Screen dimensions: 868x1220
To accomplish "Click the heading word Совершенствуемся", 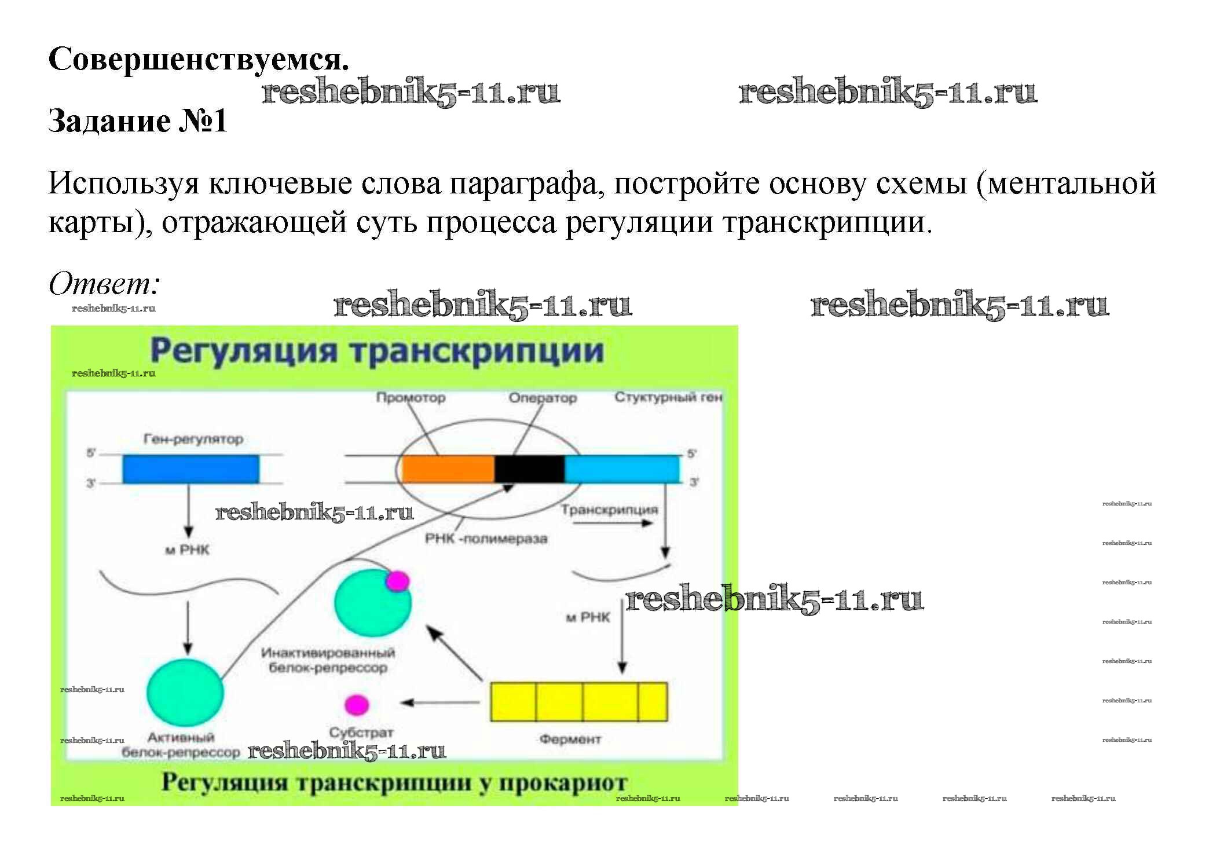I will point(199,59).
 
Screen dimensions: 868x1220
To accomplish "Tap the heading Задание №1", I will point(137,121).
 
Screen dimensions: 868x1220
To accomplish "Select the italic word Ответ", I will point(104,284).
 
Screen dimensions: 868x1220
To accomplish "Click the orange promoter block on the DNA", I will point(447,468).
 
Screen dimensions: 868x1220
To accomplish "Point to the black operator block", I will point(529,468).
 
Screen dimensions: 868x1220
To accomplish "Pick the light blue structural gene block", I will point(621,468).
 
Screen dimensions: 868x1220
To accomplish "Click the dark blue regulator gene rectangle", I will point(190,468).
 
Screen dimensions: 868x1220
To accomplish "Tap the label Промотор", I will point(411,398).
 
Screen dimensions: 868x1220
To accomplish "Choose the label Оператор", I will point(543,398).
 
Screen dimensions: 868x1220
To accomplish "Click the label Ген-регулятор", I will point(193,439).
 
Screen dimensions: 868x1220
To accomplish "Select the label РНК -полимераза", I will point(486,539).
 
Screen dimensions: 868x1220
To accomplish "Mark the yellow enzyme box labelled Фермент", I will point(578,702).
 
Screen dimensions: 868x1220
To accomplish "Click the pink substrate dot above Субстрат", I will point(357,705).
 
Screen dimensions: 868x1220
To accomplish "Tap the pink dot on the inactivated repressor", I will point(397,581).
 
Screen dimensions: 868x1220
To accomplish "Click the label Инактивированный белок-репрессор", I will point(328,660).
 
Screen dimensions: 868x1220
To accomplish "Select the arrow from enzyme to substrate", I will point(440,702).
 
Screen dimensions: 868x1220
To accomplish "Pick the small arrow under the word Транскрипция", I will point(613,523).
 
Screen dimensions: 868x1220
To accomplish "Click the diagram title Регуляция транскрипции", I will point(376,351).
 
